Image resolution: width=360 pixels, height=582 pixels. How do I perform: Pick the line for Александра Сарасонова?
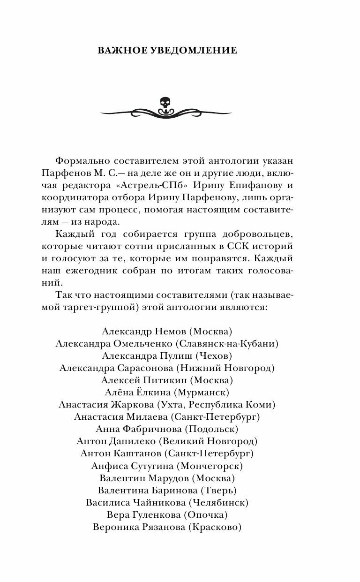[166, 368]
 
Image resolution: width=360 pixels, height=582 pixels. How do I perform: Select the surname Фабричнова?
[152, 429]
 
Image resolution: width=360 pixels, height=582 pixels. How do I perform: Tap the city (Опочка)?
[205, 515]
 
